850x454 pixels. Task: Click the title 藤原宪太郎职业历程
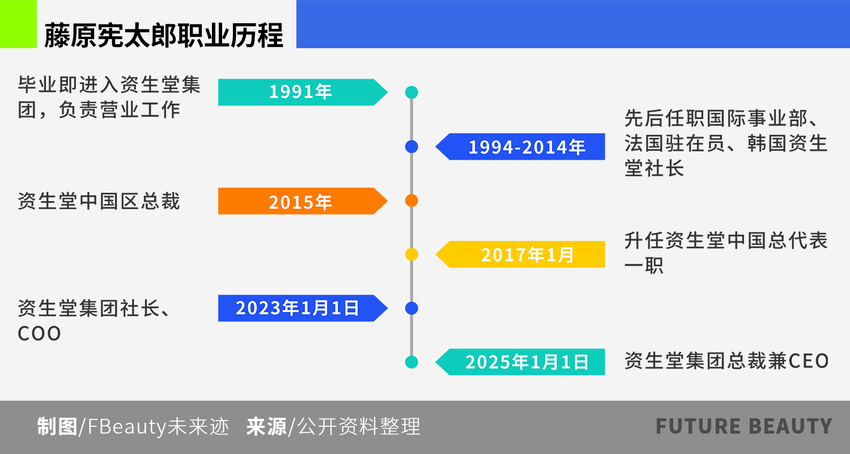[x=164, y=35]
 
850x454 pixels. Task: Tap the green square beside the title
[x=18, y=24]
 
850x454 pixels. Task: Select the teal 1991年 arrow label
[x=303, y=92]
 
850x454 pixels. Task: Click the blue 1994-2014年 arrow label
[x=520, y=147]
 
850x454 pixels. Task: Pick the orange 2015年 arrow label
[x=303, y=201]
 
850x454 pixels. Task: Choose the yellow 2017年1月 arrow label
[x=520, y=254]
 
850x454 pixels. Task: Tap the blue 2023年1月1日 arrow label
[x=303, y=308]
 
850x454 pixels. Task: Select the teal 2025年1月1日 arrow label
[x=520, y=362]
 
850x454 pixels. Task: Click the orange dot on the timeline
[x=412, y=201]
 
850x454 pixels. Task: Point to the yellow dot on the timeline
[x=412, y=254]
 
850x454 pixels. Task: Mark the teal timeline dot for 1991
[x=412, y=92]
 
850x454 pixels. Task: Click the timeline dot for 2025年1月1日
[x=412, y=362]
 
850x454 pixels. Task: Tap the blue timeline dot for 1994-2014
[x=412, y=147]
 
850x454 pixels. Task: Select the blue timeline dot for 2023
[x=412, y=308]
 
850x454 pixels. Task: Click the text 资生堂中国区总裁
[x=99, y=201]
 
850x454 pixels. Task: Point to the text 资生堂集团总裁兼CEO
[x=726, y=361]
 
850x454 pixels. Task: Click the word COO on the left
[x=39, y=334]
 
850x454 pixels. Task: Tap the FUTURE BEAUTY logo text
[x=743, y=426]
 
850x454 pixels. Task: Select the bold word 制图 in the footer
[x=57, y=427]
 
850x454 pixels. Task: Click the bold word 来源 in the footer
[x=266, y=427]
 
